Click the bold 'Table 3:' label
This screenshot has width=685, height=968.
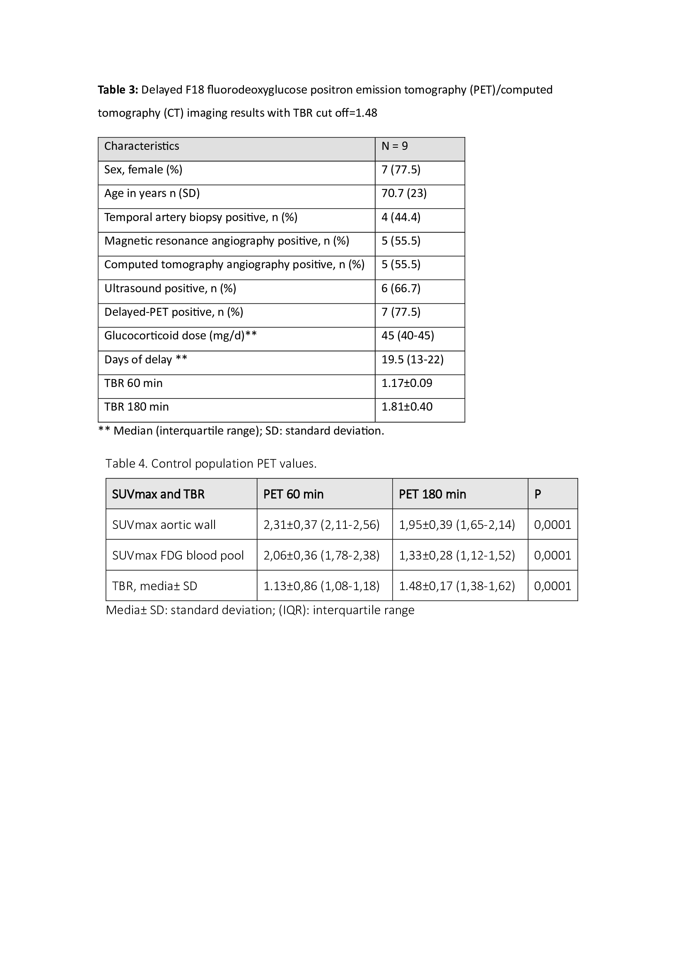point(118,90)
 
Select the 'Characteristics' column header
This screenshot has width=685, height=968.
point(142,146)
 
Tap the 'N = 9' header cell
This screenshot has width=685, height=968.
point(394,146)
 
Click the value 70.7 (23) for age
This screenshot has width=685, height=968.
point(404,194)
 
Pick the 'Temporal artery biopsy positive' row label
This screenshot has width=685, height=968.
point(201,218)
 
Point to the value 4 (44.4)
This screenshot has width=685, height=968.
point(401,218)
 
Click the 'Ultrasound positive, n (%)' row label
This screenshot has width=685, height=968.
point(170,288)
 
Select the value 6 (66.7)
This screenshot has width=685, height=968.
point(401,288)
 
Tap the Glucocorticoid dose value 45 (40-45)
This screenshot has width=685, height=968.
point(408,336)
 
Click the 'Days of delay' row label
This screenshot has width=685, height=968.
point(145,360)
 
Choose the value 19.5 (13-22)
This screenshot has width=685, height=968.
point(412,360)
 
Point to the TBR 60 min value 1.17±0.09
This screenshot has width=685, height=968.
point(407,383)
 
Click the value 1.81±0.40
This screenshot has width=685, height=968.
point(407,407)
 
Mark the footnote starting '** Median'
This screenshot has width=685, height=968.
point(241,431)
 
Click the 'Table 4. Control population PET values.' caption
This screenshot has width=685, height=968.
point(211,464)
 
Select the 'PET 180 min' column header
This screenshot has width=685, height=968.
point(432,494)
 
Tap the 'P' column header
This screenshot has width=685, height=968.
point(538,494)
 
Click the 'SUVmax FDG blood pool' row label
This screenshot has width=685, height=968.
point(178,555)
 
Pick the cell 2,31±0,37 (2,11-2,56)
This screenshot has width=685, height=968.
point(321,525)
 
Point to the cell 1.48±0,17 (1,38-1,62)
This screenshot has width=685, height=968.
point(457,586)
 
